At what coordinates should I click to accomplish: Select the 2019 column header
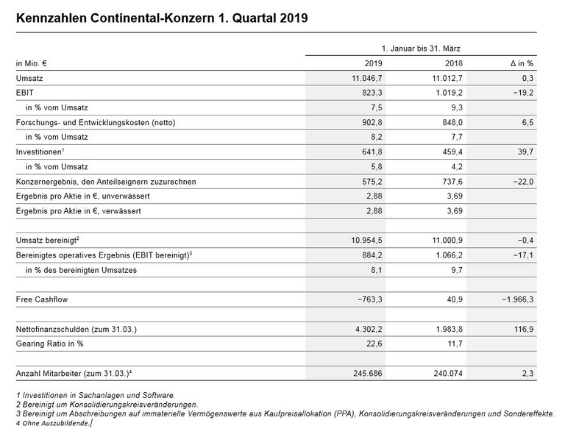click(374, 63)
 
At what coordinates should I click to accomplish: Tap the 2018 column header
click(455, 63)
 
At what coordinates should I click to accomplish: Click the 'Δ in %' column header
click(521, 63)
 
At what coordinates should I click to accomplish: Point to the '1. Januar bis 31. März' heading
click(421, 47)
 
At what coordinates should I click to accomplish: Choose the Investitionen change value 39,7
click(524, 152)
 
